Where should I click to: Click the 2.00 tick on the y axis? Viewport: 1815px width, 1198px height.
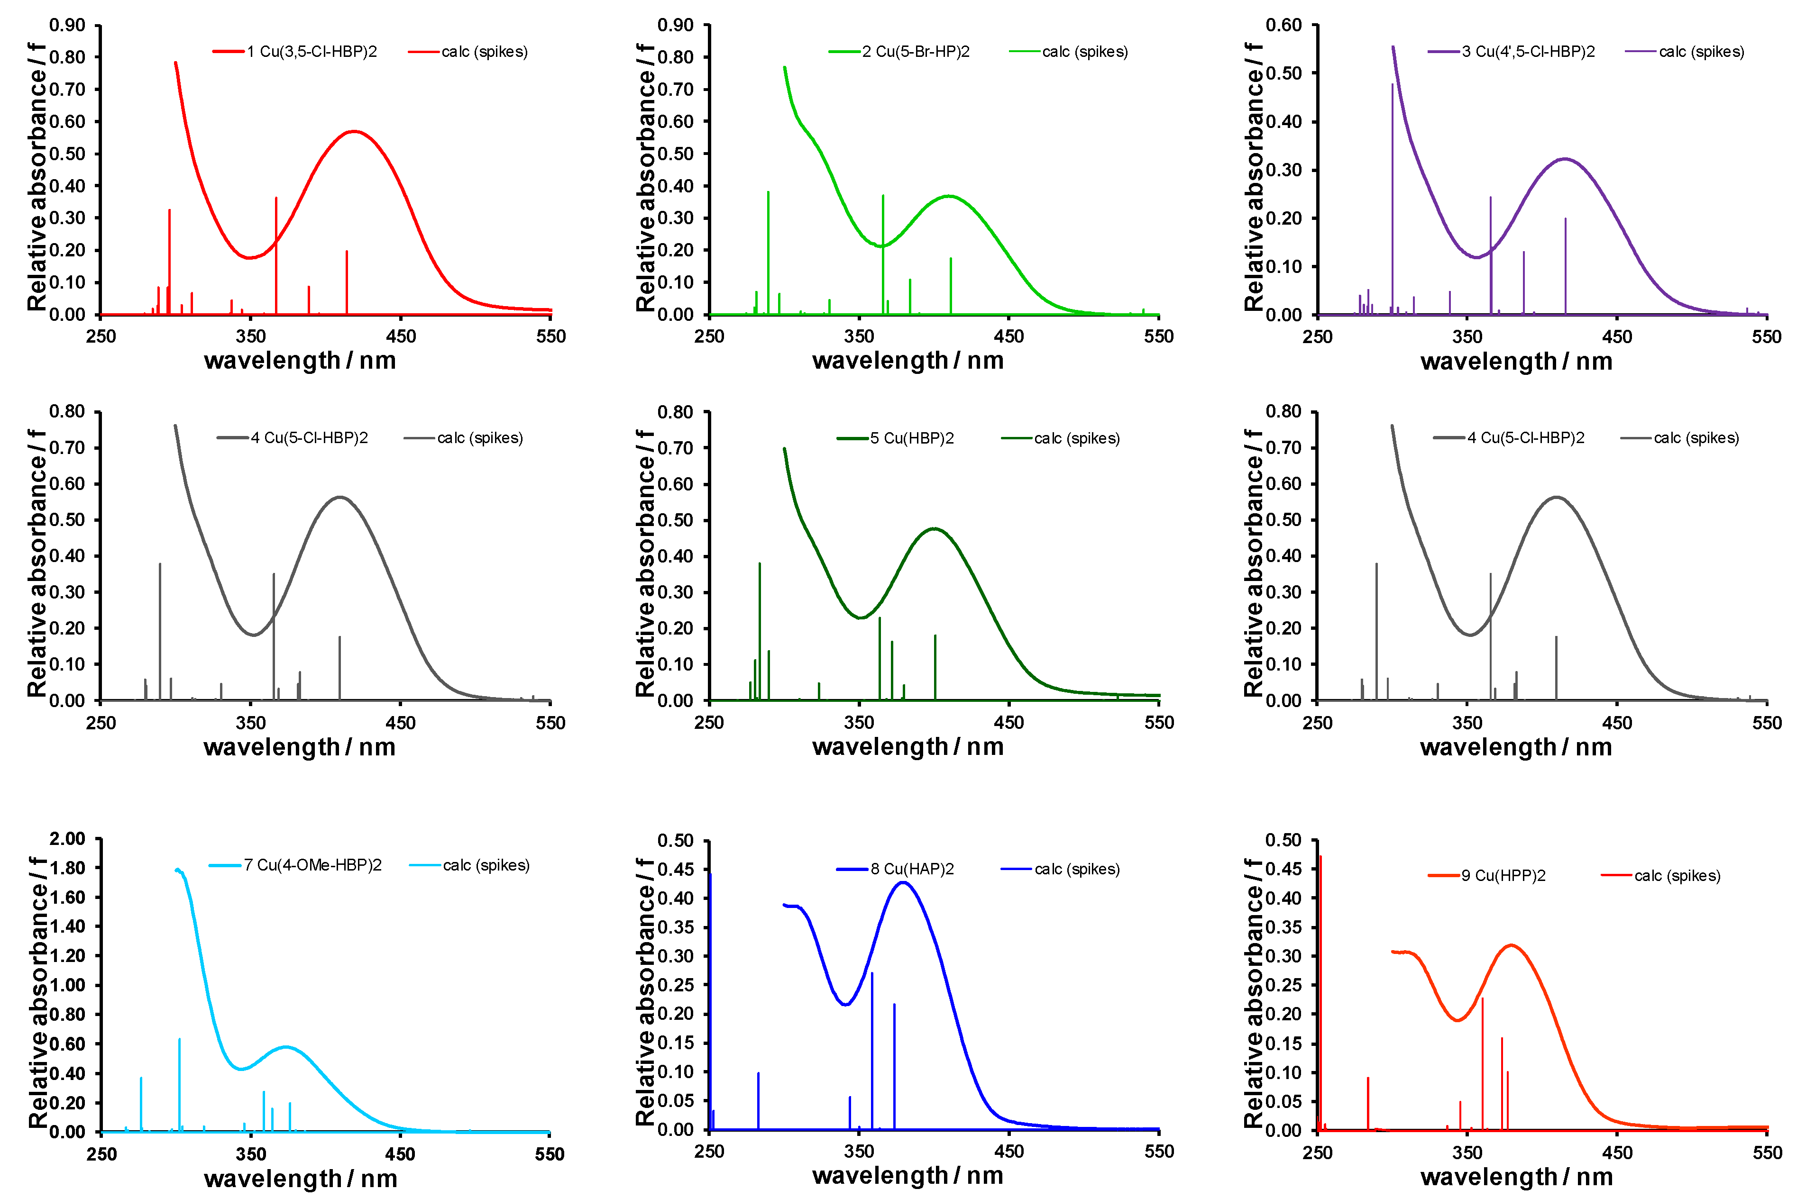pos(67,839)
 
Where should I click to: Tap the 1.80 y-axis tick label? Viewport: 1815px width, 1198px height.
pos(67,868)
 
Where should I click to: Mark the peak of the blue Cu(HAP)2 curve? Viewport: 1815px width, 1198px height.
pos(903,882)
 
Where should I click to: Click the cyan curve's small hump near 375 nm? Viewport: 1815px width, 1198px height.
pos(286,1047)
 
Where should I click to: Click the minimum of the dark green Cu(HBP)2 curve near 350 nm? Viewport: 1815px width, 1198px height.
pos(861,617)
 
